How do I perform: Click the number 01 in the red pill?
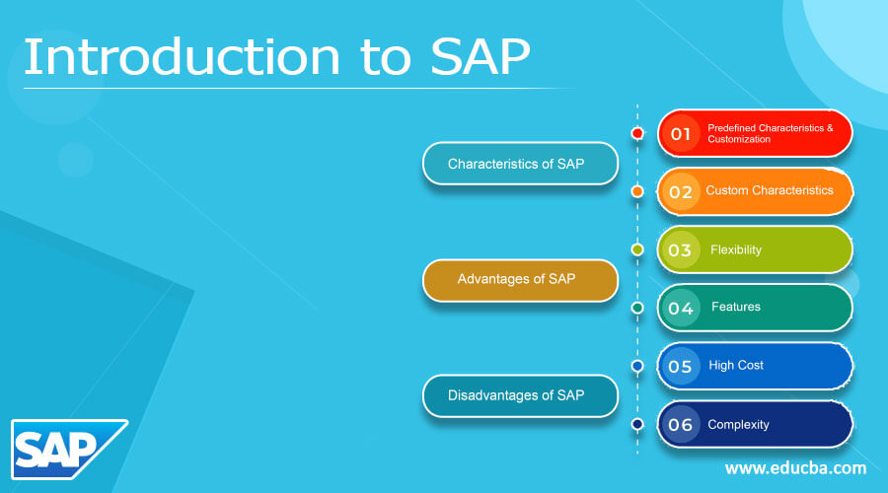(681, 133)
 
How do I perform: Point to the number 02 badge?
(681, 191)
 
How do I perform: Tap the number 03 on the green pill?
(681, 249)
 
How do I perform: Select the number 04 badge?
(681, 308)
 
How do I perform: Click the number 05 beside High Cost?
(681, 366)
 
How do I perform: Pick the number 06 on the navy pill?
(681, 424)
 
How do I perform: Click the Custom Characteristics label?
(770, 190)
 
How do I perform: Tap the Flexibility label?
(736, 249)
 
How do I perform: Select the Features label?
(736, 307)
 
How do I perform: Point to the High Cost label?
(736, 365)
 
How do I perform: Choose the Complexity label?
(738, 424)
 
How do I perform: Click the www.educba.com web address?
(795, 467)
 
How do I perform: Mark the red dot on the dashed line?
(637, 133)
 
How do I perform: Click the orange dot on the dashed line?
(637, 191)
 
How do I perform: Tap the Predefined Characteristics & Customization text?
(770, 133)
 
